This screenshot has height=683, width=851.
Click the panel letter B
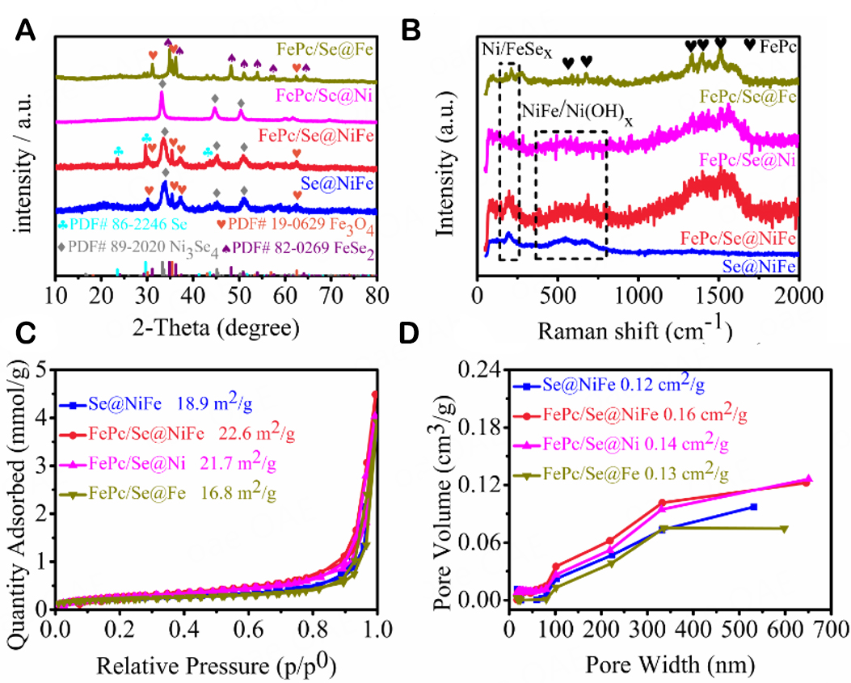[411, 32]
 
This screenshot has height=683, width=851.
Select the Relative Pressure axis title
[216, 664]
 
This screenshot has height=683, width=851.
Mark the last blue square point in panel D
[753, 506]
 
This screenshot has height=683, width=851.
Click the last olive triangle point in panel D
[783, 529]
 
